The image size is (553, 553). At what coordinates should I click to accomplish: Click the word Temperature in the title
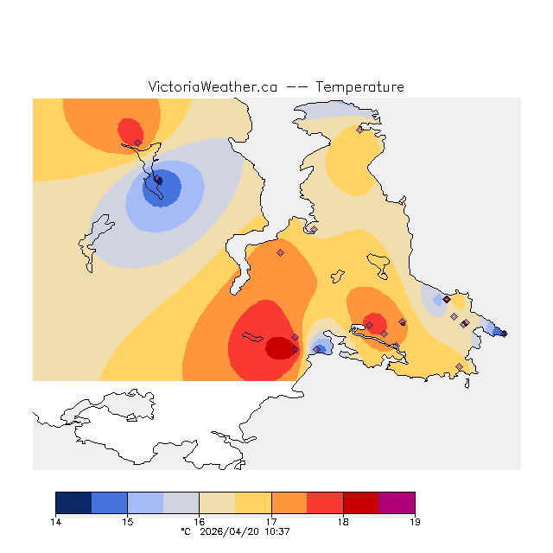pyautogui.click(x=359, y=87)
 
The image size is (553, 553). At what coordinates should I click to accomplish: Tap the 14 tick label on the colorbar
pyautogui.click(x=55, y=522)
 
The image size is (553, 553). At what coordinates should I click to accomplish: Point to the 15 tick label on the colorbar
pyautogui.click(x=127, y=522)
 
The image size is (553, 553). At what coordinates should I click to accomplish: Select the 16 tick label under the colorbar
pyautogui.click(x=199, y=522)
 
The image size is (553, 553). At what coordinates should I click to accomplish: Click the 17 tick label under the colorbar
pyautogui.click(x=271, y=522)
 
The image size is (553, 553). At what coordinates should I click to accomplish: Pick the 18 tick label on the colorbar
pyautogui.click(x=343, y=522)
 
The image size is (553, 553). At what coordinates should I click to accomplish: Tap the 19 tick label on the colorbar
pyautogui.click(x=415, y=522)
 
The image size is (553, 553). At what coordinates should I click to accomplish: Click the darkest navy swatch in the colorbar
pyautogui.click(x=73, y=503)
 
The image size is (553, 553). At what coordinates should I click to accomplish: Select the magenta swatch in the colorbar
pyautogui.click(x=397, y=503)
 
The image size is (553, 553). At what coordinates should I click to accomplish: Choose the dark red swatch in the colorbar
pyautogui.click(x=361, y=503)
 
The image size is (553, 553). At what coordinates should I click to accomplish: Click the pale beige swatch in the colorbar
pyautogui.click(x=217, y=503)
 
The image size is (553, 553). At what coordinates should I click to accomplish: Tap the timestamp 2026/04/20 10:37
pyautogui.click(x=246, y=531)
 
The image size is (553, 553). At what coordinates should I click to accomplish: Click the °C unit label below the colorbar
pyautogui.click(x=185, y=531)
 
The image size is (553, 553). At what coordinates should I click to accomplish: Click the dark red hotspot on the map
pyautogui.click(x=279, y=347)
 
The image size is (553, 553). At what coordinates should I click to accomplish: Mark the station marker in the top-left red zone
pyautogui.click(x=137, y=143)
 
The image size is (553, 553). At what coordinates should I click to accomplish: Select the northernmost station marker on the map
pyautogui.click(x=359, y=130)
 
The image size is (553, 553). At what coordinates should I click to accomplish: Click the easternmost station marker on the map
pyautogui.click(x=504, y=334)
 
